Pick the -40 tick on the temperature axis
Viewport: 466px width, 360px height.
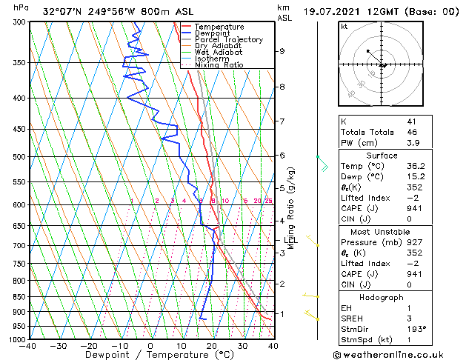click(x=28, y=346)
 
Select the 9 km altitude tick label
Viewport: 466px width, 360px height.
click(x=282, y=51)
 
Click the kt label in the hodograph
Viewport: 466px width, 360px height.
click(x=344, y=27)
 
